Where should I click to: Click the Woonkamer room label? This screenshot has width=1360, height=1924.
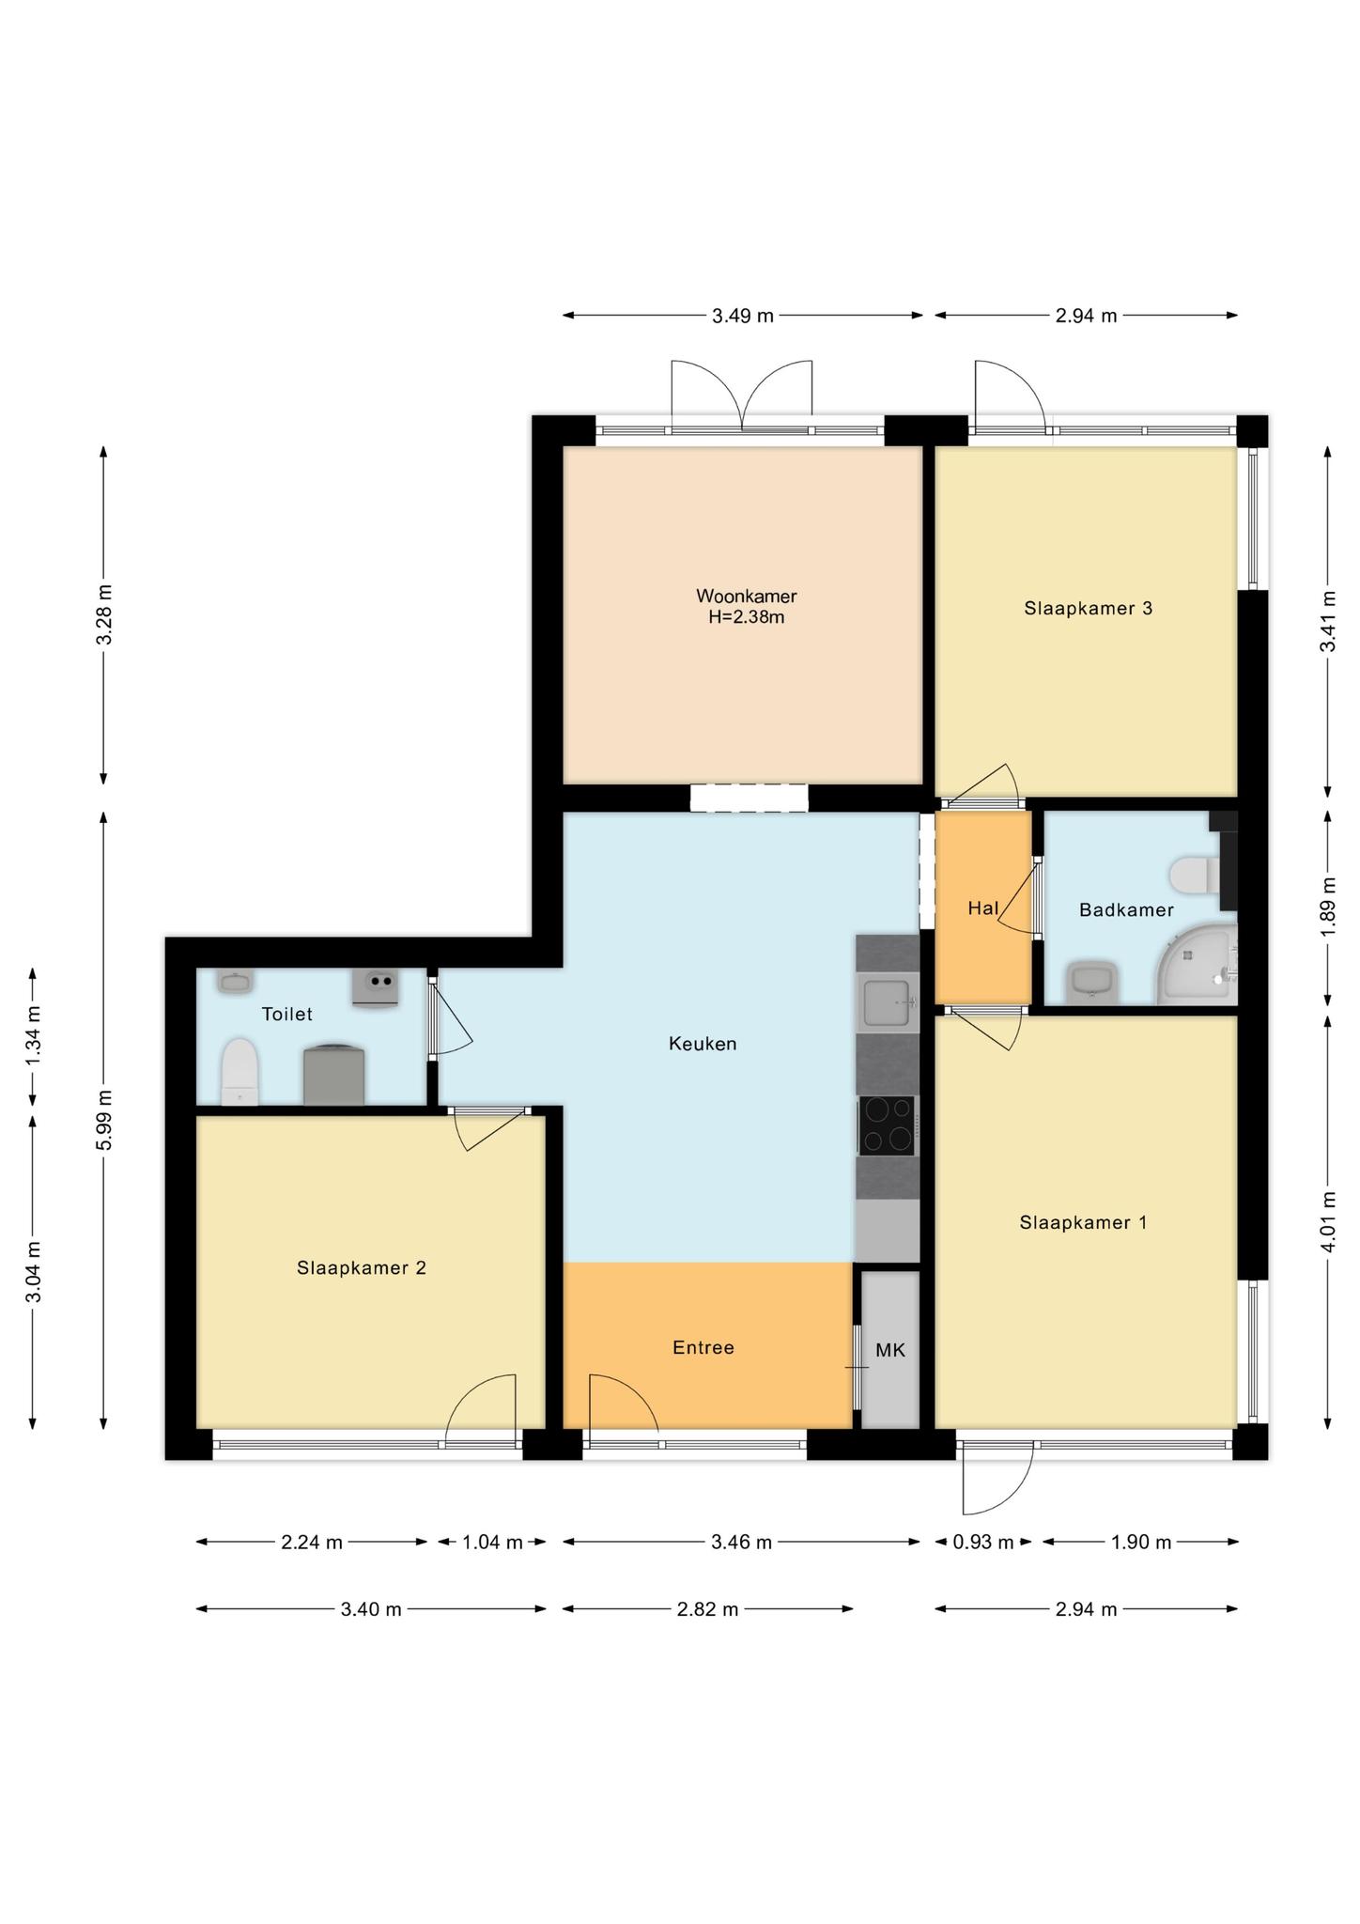tap(746, 596)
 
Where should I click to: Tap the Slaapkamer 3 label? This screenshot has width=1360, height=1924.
tap(1088, 608)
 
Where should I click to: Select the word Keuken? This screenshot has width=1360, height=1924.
tap(703, 1043)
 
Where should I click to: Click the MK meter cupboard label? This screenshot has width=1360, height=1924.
tap(890, 1350)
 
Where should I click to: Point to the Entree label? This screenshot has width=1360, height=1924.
tap(703, 1347)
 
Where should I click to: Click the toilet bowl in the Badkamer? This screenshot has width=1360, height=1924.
tap(1195, 874)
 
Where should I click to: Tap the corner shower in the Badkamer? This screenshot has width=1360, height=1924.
tap(1197, 964)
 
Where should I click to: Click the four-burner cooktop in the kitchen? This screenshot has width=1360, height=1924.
tap(887, 1125)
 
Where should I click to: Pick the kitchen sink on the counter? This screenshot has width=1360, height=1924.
tap(888, 1002)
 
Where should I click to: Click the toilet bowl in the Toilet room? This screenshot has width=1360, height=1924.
tap(239, 1072)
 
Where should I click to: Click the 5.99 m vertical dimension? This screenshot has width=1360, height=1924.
tap(104, 1119)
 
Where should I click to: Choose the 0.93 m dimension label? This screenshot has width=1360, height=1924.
tap(983, 1542)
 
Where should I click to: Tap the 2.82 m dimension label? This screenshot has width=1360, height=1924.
tap(708, 1609)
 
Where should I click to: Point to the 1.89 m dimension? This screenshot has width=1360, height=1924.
tap(1327, 907)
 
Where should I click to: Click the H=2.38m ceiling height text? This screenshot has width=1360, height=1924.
tap(747, 617)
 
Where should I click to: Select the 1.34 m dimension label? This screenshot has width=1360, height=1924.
tap(33, 1035)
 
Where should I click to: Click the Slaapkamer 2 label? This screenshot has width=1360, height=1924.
tap(362, 1267)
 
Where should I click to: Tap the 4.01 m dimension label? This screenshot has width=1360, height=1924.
tap(1327, 1222)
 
